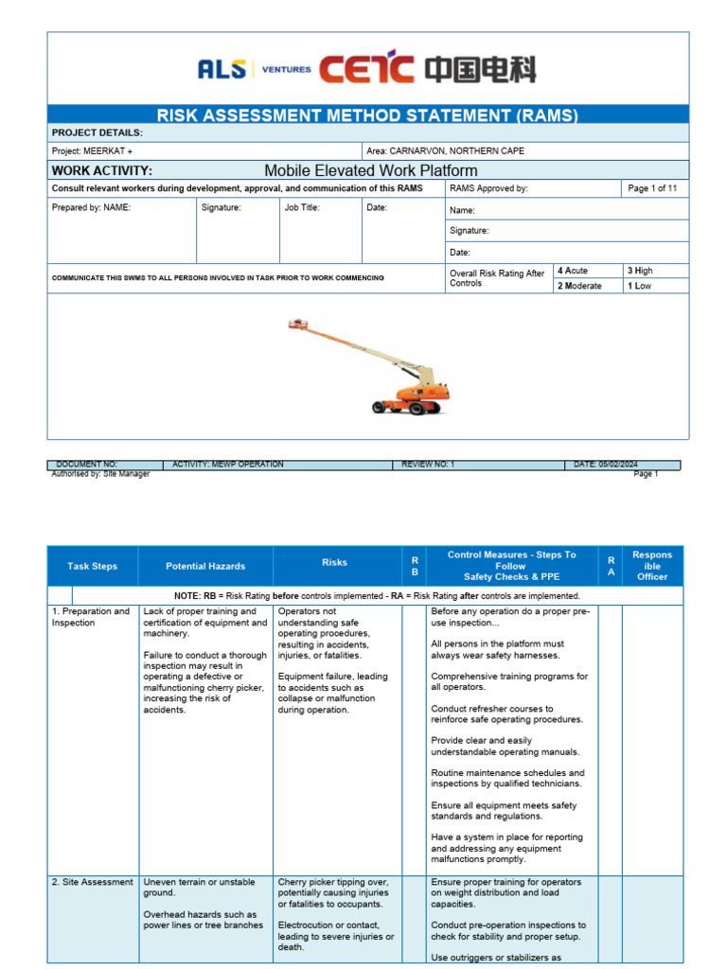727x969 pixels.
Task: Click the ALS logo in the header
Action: (222, 69)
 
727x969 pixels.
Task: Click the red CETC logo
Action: (367, 69)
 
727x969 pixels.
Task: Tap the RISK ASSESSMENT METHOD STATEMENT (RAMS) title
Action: (367, 115)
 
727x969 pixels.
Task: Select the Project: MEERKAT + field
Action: (92, 151)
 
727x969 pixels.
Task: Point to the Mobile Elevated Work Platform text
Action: (370, 170)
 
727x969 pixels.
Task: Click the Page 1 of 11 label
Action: (652, 188)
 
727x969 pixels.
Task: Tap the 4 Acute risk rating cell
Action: (573, 271)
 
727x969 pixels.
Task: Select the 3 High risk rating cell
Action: (640, 271)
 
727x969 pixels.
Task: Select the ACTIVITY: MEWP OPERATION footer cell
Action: (228, 465)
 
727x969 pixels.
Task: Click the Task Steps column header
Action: (93, 566)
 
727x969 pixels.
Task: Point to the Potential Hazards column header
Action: (205, 566)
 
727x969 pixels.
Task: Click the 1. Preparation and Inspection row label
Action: (91, 617)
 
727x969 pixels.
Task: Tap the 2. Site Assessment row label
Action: (93, 882)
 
